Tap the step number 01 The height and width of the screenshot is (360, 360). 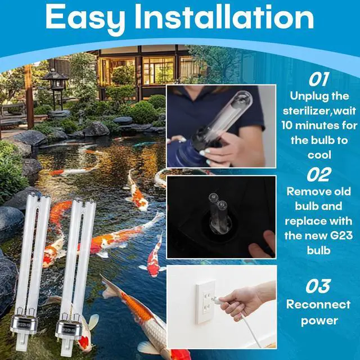click(x=319, y=79)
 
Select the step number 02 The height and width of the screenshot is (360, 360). click(x=319, y=174)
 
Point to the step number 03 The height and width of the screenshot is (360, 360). click(x=318, y=286)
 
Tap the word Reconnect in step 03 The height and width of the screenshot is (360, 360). click(x=318, y=305)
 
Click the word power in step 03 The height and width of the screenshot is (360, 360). click(x=319, y=321)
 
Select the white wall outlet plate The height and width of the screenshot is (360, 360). click(x=206, y=301)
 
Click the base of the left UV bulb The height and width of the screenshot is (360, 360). click(x=24, y=331)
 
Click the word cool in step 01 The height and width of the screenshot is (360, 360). click(x=319, y=155)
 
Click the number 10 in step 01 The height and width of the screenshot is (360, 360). click(x=287, y=125)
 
